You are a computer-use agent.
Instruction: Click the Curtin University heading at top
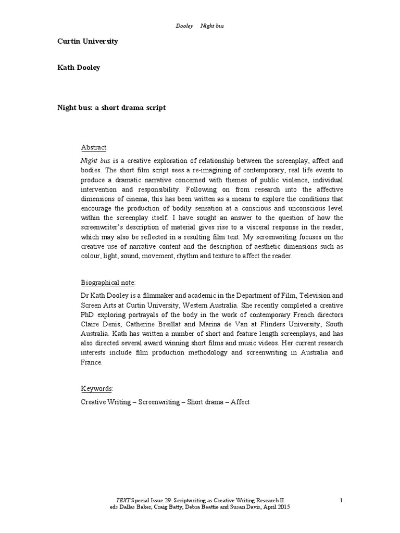pos(87,41)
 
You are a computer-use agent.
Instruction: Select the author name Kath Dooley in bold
pos(79,68)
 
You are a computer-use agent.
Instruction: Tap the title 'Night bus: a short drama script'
pos(111,107)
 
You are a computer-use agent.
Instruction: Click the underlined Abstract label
pos(94,147)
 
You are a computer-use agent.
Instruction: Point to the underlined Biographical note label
pos(108,283)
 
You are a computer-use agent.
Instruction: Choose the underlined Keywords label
pos(96,389)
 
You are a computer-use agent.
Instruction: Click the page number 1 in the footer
pos(341,500)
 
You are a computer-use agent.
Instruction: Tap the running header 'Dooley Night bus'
pos(200,26)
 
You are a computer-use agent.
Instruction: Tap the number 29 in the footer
pos(166,500)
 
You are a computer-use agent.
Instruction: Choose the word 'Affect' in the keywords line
pos(240,402)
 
